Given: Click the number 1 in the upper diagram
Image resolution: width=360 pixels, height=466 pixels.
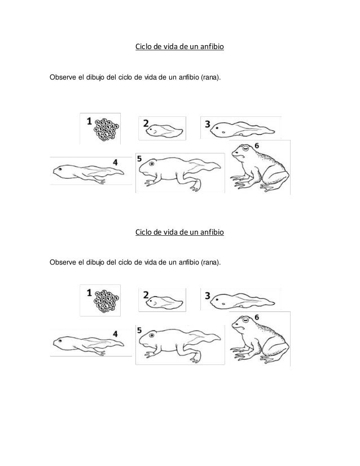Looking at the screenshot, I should click(x=89, y=120).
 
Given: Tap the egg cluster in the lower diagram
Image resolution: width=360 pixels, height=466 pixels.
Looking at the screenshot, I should click(x=106, y=301).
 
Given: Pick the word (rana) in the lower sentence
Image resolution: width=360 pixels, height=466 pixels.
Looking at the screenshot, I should click(x=210, y=262).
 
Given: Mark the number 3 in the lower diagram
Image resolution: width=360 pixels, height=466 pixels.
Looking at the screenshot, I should click(x=207, y=296).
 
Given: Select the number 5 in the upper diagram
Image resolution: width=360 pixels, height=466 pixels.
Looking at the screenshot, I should click(x=139, y=160).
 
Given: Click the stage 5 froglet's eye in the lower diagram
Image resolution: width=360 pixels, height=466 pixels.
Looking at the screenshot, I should click(x=152, y=337).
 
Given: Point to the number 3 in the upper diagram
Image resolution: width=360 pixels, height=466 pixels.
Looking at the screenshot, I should click(x=207, y=124).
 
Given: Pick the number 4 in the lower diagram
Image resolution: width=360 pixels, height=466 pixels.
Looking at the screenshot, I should click(x=115, y=334).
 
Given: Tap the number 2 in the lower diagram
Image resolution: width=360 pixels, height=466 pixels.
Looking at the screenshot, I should click(x=146, y=294).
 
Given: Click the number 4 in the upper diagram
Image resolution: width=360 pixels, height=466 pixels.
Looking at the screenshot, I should click(x=115, y=162).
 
